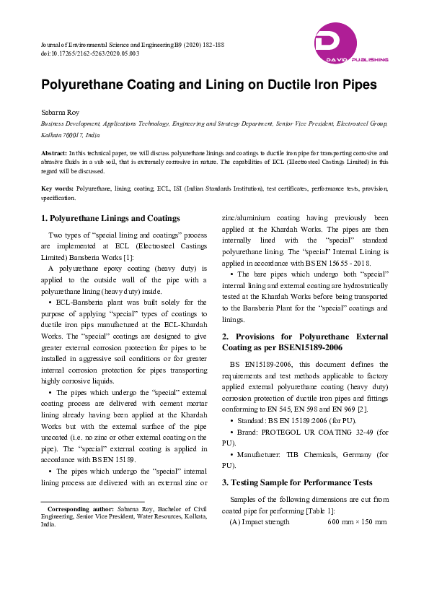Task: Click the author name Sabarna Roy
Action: pos(59,113)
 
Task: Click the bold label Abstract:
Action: pos(54,153)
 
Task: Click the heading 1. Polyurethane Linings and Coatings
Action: pos(110,218)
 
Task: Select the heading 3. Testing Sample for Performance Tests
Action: pos(298,482)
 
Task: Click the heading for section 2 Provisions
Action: pos(305,342)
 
